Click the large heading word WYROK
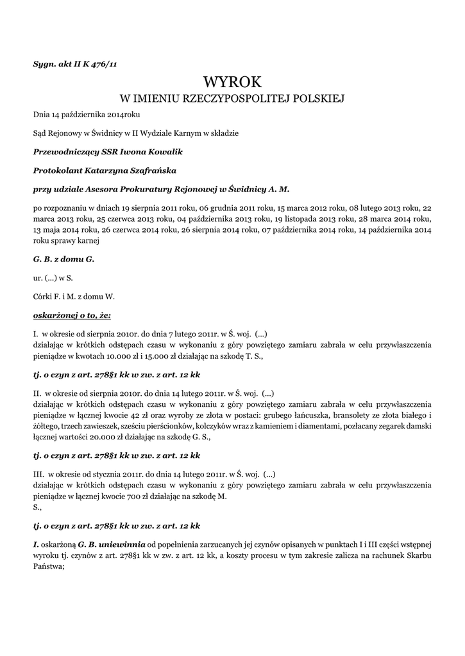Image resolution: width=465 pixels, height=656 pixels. (x=232, y=83)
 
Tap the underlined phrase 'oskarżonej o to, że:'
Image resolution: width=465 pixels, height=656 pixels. (x=72, y=315)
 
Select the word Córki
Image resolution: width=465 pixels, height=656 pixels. (x=44, y=297)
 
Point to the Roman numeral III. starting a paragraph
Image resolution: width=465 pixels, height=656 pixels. (x=38, y=475)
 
